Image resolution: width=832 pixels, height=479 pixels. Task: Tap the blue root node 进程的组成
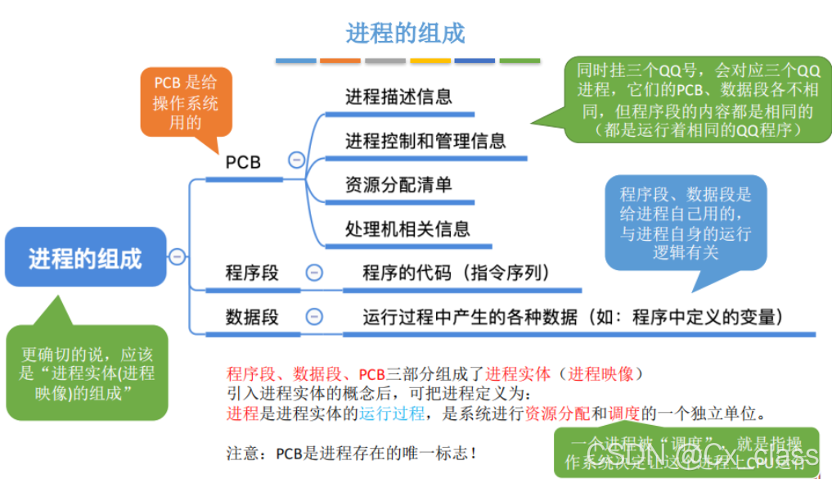pos(85,258)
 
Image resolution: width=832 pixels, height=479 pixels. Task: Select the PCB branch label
pos(243,162)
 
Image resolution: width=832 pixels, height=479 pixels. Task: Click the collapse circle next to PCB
pos(297,160)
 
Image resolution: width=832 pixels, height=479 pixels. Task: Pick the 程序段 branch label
pos(252,273)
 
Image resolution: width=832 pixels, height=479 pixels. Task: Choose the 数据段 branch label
pos(252,317)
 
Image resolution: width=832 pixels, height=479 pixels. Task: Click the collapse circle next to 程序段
pos(313,273)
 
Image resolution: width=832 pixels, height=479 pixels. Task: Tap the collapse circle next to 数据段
pos(313,317)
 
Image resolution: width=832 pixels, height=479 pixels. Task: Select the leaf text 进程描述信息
pos(398,97)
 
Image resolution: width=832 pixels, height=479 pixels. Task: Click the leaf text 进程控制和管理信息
pos(425,141)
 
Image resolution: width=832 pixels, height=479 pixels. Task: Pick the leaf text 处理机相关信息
pos(407,229)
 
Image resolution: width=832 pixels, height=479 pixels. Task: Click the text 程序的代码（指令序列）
pos(456,273)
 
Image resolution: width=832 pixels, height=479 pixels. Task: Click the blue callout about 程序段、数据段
pos(686,222)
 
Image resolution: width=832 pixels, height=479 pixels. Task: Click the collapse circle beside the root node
pos(178,257)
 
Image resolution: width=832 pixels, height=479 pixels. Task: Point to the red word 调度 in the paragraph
pos(623,413)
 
